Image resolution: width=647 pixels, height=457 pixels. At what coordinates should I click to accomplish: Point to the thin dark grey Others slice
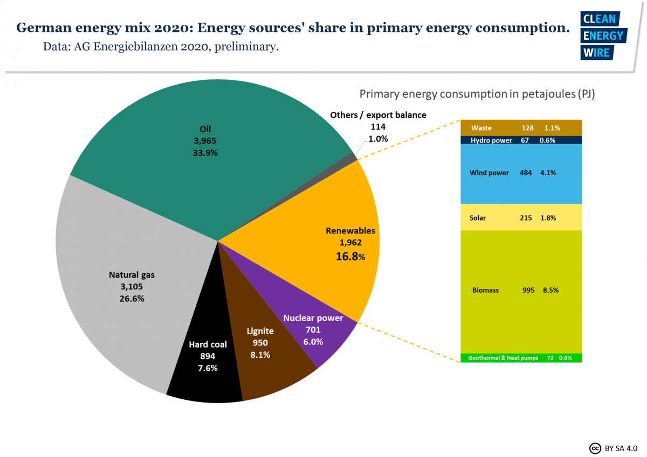(353, 157)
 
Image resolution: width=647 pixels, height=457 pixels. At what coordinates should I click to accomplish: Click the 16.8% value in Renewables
(350, 257)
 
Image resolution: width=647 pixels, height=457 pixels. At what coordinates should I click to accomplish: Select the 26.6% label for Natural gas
(132, 298)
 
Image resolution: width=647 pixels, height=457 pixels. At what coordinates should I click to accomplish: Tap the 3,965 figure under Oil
(205, 141)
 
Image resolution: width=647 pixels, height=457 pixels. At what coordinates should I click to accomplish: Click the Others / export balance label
(378, 115)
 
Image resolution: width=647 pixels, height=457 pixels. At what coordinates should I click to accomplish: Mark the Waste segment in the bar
(521, 128)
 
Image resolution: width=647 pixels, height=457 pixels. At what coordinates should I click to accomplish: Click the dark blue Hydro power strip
(521, 140)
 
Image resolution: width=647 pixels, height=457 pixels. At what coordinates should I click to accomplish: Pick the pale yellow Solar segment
(521, 218)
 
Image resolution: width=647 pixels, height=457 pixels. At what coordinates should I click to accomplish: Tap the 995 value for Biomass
(528, 290)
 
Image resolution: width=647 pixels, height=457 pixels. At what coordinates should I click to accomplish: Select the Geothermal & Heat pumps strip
(521, 358)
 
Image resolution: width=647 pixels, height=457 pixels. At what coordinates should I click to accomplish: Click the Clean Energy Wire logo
(602, 36)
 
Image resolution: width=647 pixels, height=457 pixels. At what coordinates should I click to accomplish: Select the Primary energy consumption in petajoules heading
(477, 94)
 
